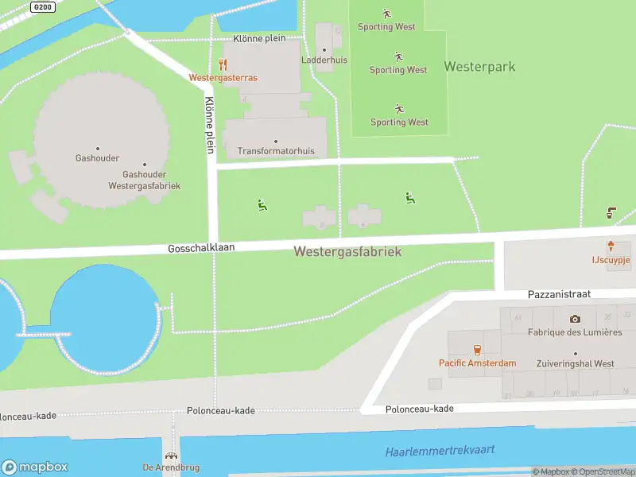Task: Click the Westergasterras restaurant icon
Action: coord(223,64)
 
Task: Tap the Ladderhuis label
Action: coord(324,60)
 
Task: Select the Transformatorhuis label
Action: coord(276,151)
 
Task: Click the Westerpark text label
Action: coord(479,67)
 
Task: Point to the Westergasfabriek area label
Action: coord(347,251)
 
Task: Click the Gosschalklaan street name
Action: coord(201,248)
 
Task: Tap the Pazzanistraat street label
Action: coord(560,294)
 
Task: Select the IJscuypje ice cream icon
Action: coord(611,246)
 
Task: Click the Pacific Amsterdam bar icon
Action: coord(477,350)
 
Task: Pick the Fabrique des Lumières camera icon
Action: coord(575,319)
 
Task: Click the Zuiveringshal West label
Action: coord(576,363)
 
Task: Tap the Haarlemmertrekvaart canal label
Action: coord(440,451)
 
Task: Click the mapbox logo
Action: coord(35,467)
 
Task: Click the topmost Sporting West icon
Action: coord(386,14)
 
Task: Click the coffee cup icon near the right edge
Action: coord(611,212)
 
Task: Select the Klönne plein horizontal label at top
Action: coord(259,38)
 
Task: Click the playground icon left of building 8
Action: coord(262,205)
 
